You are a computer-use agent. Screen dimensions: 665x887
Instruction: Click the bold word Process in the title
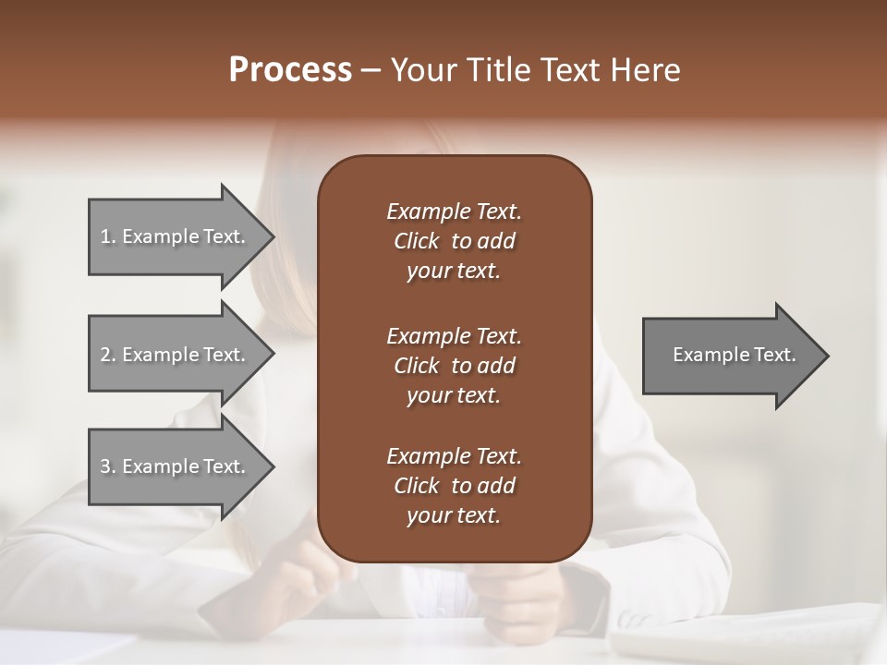[x=290, y=70]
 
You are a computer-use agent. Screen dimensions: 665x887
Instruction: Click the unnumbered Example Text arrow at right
[x=734, y=355]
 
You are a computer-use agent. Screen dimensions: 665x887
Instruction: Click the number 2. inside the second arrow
[x=108, y=355]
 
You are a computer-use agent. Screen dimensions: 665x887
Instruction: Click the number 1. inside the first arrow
[x=108, y=236]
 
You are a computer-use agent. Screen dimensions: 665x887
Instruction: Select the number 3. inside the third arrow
[x=108, y=466]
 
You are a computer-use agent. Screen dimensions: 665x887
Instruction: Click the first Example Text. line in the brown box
[x=454, y=212]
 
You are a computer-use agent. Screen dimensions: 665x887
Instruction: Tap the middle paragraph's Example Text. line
[x=454, y=335]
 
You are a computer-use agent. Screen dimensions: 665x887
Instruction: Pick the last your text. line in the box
[x=454, y=516]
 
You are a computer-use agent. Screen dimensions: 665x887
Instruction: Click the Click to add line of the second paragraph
[x=454, y=366]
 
